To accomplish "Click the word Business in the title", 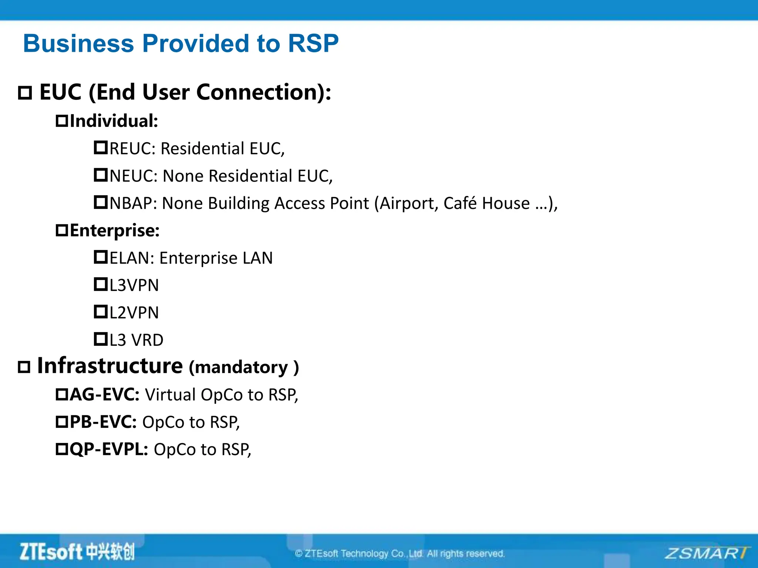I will [x=78, y=44].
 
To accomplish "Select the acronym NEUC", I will [x=131, y=176].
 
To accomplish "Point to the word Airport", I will [x=409, y=203].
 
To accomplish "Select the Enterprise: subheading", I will [x=114, y=231].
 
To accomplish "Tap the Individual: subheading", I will [x=114, y=121].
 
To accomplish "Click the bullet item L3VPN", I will [x=134, y=285].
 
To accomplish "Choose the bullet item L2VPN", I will [x=134, y=313].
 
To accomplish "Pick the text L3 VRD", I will [x=136, y=340].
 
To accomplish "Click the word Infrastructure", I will [x=110, y=366].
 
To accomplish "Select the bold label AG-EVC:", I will [x=104, y=395].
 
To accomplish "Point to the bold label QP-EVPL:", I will [x=109, y=449].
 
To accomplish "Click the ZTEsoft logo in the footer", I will [x=77, y=552].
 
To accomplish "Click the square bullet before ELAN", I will [x=100, y=257].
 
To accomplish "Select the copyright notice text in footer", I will [x=400, y=554].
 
